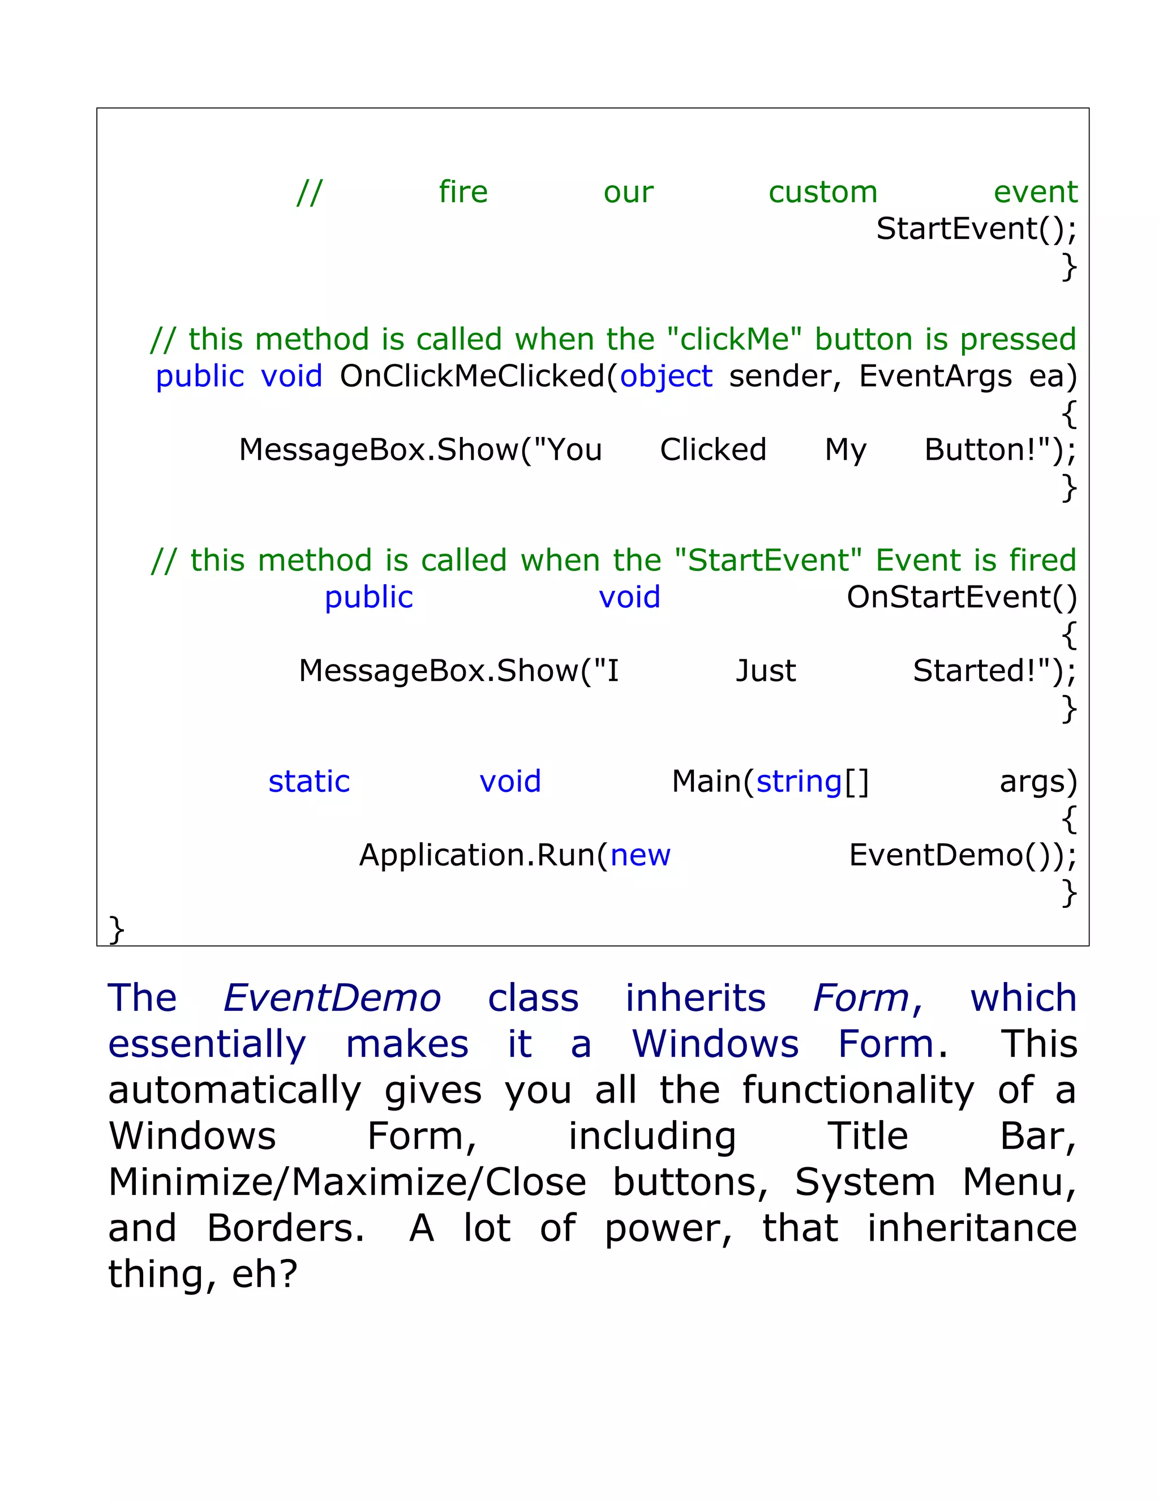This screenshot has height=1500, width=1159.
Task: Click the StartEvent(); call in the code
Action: click(x=976, y=229)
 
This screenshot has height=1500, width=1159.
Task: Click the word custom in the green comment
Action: click(x=822, y=192)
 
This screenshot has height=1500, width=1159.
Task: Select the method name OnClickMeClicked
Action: click(x=472, y=376)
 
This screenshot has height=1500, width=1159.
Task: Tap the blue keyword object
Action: click(x=666, y=377)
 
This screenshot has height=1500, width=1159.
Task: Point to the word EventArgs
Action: click(x=935, y=376)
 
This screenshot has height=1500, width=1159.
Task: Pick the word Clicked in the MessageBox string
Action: click(x=712, y=450)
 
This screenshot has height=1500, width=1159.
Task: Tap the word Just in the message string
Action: click(x=766, y=671)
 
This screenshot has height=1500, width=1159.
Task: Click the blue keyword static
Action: click(x=309, y=782)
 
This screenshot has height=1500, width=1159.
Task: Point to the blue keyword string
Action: click(x=799, y=782)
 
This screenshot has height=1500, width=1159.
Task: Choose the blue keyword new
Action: click(x=640, y=856)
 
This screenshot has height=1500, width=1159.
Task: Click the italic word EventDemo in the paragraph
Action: click(x=332, y=998)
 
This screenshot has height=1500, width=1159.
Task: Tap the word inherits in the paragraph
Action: click(x=695, y=998)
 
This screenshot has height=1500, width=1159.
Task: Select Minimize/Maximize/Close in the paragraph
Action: click(x=347, y=1182)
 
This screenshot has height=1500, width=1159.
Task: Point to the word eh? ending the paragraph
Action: click(x=264, y=1275)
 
